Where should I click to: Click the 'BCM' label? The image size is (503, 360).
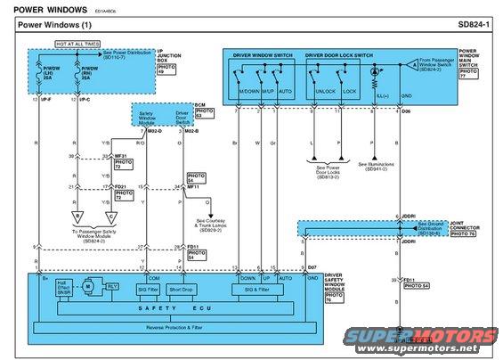(200, 105)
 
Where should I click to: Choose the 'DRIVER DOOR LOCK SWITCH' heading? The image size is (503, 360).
(339, 55)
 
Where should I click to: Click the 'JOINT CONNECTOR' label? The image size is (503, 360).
(462, 225)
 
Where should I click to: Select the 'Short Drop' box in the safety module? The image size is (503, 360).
(182, 290)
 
